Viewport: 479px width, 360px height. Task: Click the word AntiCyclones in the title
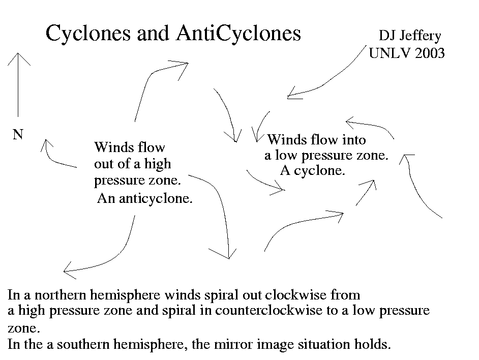[238, 34]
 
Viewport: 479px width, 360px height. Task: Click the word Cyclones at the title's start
[88, 34]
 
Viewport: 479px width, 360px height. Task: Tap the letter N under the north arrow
[18, 134]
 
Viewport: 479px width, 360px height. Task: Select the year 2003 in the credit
[430, 53]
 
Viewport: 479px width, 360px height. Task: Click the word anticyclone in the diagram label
[156, 199]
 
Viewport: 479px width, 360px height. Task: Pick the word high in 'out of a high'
[157, 164]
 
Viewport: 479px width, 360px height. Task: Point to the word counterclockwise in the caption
[268, 311]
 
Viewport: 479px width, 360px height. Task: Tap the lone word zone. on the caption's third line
[24, 328]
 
